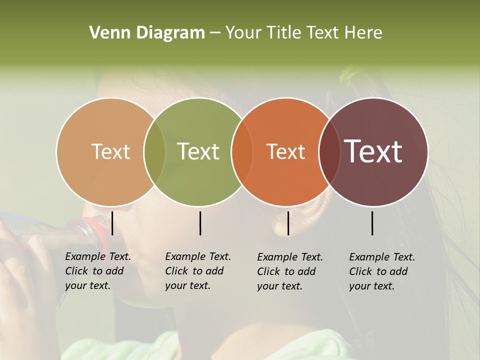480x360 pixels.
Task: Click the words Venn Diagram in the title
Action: coord(147,33)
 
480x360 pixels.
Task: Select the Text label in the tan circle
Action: coord(110,151)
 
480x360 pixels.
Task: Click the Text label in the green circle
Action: coord(198,151)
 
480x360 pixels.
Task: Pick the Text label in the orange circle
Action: coord(285,151)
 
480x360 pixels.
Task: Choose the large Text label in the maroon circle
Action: coord(373,151)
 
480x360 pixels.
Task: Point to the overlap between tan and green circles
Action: coord(154,152)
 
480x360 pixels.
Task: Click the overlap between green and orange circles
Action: coord(242,152)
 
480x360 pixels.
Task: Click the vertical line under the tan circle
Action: coord(112,223)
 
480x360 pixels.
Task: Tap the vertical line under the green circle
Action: coord(200,223)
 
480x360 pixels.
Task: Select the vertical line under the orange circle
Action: coord(288,223)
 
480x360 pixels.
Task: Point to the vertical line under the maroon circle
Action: coord(372,223)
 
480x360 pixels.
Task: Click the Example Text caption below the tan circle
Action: coord(97,271)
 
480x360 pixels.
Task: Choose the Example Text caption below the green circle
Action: coord(197,271)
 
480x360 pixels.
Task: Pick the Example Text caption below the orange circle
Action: coord(289,271)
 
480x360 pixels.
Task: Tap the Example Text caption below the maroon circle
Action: coord(381,271)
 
